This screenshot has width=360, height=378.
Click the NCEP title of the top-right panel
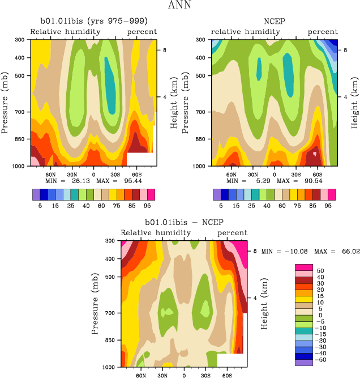(x=274, y=22)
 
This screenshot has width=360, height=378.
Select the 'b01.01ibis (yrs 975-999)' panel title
(x=93, y=22)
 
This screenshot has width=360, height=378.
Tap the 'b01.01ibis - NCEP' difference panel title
(x=183, y=223)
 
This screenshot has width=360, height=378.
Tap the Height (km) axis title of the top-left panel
(x=174, y=103)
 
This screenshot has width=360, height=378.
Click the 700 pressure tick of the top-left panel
(x=20, y=112)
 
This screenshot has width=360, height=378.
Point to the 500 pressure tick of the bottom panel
(x=111, y=277)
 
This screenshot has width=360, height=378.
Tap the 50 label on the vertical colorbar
(x=320, y=271)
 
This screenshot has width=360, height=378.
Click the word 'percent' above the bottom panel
(x=233, y=233)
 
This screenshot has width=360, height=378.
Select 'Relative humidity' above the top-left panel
(x=65, y=32)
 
